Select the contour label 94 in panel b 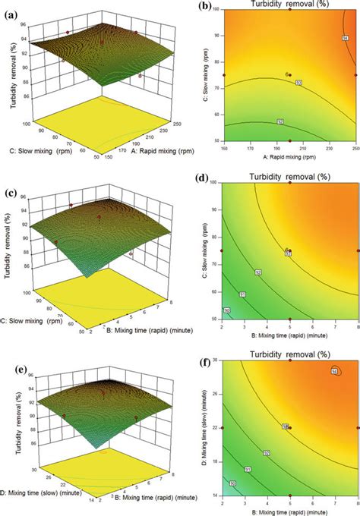[344, 37]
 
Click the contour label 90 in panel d [227, 311]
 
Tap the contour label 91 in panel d [242, 296]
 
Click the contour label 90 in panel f [233, 483]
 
